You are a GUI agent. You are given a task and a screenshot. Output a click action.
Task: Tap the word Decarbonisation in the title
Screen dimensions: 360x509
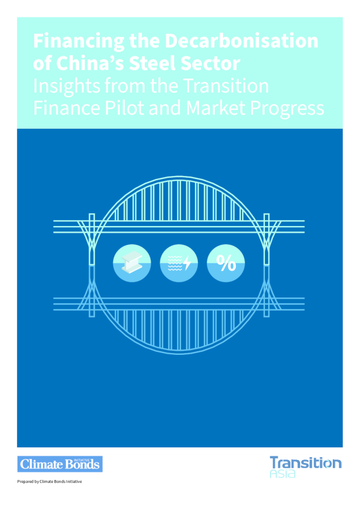(241, 41)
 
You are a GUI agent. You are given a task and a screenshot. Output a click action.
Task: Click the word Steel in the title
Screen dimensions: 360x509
(152, 63)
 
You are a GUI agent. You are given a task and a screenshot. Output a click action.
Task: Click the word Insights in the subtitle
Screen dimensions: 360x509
(67, 86)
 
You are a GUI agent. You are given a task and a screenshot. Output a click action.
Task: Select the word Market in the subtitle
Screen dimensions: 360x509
(215, 108)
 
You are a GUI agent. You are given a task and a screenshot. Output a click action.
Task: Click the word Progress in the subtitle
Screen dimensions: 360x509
(287, 109)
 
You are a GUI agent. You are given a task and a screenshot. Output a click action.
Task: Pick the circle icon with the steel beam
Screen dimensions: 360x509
(132, 263)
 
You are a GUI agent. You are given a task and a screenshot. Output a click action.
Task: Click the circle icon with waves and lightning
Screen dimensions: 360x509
(178, 263)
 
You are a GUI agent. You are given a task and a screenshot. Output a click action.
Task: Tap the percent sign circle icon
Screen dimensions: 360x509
(226, 263)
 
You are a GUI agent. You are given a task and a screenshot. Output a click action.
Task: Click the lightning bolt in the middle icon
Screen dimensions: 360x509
(187, 263)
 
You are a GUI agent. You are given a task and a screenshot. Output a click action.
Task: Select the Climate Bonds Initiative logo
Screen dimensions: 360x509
(60, 464)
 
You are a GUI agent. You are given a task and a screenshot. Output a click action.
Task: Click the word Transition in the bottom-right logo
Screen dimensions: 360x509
(306, 462)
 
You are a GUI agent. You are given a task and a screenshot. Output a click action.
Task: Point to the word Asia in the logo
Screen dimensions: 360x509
(283, 473)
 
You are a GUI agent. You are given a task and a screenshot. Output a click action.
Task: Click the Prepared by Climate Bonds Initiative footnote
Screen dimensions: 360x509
(50, 482)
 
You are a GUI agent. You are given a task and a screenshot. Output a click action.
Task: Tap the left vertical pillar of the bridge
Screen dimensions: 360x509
(92, 265)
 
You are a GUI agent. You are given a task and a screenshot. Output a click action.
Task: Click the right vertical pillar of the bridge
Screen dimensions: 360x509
(266, 265)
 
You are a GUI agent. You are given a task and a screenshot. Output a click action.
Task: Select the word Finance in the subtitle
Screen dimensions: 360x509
(67, 108)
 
